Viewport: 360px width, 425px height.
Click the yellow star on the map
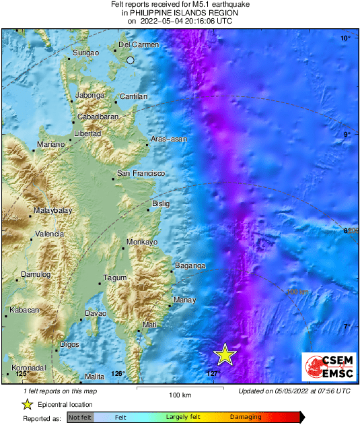pyautogui.click(x=225, y=354)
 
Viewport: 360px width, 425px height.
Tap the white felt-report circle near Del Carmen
pyautogui.click(x=131, y=61)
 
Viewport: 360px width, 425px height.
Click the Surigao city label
pyautogui.click(x=85, y=52)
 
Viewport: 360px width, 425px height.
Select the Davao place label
pyautogui.click(x=96, y=314)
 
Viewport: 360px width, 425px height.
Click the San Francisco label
pyautogui.click(x=141, y=174)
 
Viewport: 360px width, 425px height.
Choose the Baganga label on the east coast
pyautogui.click(x=190, y=266)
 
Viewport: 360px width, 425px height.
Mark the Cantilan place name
pyautogui.click(x=133, y=97)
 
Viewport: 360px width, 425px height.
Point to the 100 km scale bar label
pyautogui.click(x=177, y=395)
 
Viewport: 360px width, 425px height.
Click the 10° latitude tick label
pyautogui.click(x=345, y=39)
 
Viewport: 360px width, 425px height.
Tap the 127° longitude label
pyautogui.click(x=213, y=374)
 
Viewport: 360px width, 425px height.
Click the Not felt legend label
pyautogui.click(x=81, y=418)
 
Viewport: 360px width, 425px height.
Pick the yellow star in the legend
pyautogui.click(x=27, y=404)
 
